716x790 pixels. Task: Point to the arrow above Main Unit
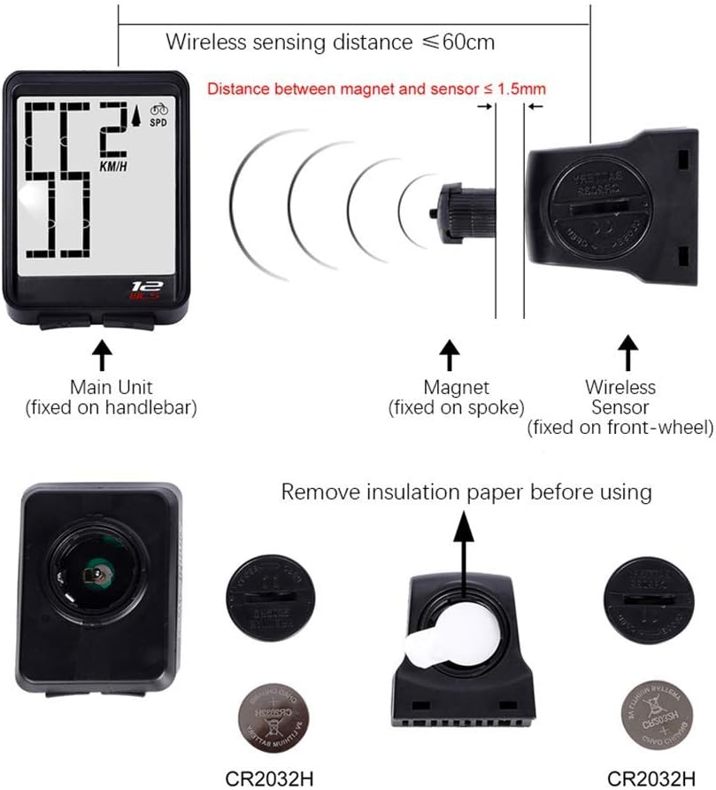(102, 354)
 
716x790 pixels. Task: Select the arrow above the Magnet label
(450, 354)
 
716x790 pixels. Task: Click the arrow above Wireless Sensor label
(628, 352)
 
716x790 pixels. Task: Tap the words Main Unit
(111, 387)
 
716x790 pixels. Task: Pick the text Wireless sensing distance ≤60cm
(330, 42)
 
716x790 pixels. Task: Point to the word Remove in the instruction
(315, 492)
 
